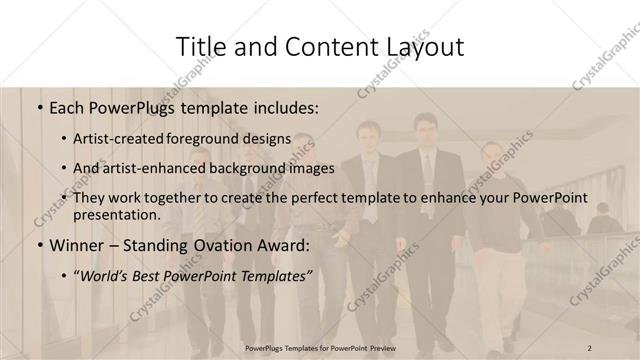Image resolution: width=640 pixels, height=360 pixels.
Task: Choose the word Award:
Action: [x=290, y=244]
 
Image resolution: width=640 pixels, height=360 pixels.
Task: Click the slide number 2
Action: [x=589, y=347]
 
